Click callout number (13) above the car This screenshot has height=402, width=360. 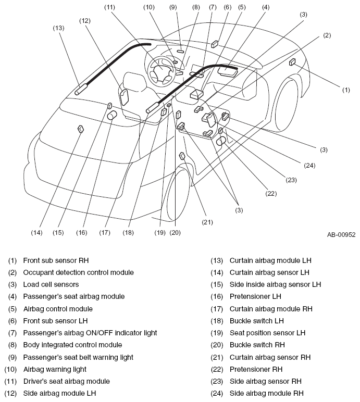point(58,28)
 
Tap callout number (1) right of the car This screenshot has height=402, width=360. point(346,90)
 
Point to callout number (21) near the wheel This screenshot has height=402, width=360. point(207,221)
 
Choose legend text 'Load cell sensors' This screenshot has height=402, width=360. point(51,284)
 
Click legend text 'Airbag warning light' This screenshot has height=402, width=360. point(55,369)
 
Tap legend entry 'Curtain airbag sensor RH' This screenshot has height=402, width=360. point(270,357)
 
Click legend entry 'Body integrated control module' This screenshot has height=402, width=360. point(72,345)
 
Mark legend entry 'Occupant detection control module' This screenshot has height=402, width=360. point(78,272)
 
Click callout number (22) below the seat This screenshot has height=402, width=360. point(271,193)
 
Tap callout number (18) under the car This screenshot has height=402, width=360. point(128,232)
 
